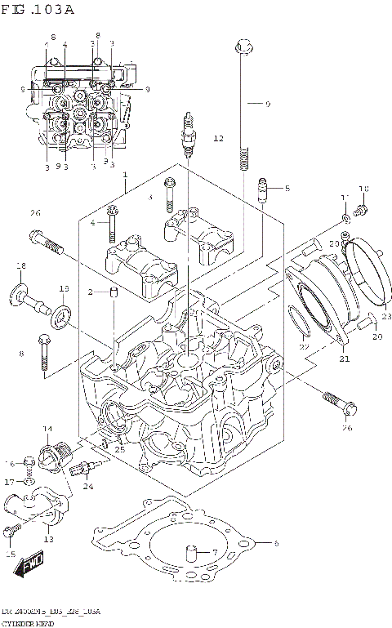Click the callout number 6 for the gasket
tap(276, 544)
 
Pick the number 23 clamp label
tap(386, 317)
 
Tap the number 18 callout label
tap(21, 266)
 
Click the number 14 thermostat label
tap(47, 428)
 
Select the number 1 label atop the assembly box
tap(125, 176)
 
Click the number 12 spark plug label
tap(218, 139)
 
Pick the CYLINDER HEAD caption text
tap(26, 622)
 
